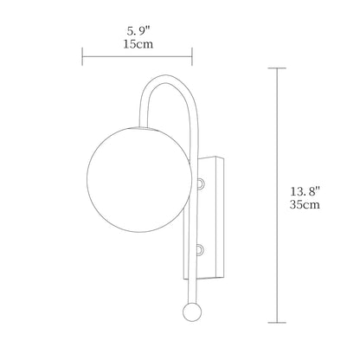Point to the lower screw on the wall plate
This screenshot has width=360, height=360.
coord(201,249)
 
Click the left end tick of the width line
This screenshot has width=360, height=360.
coord(83,58)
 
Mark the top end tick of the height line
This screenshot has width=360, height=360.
coord(277,67)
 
